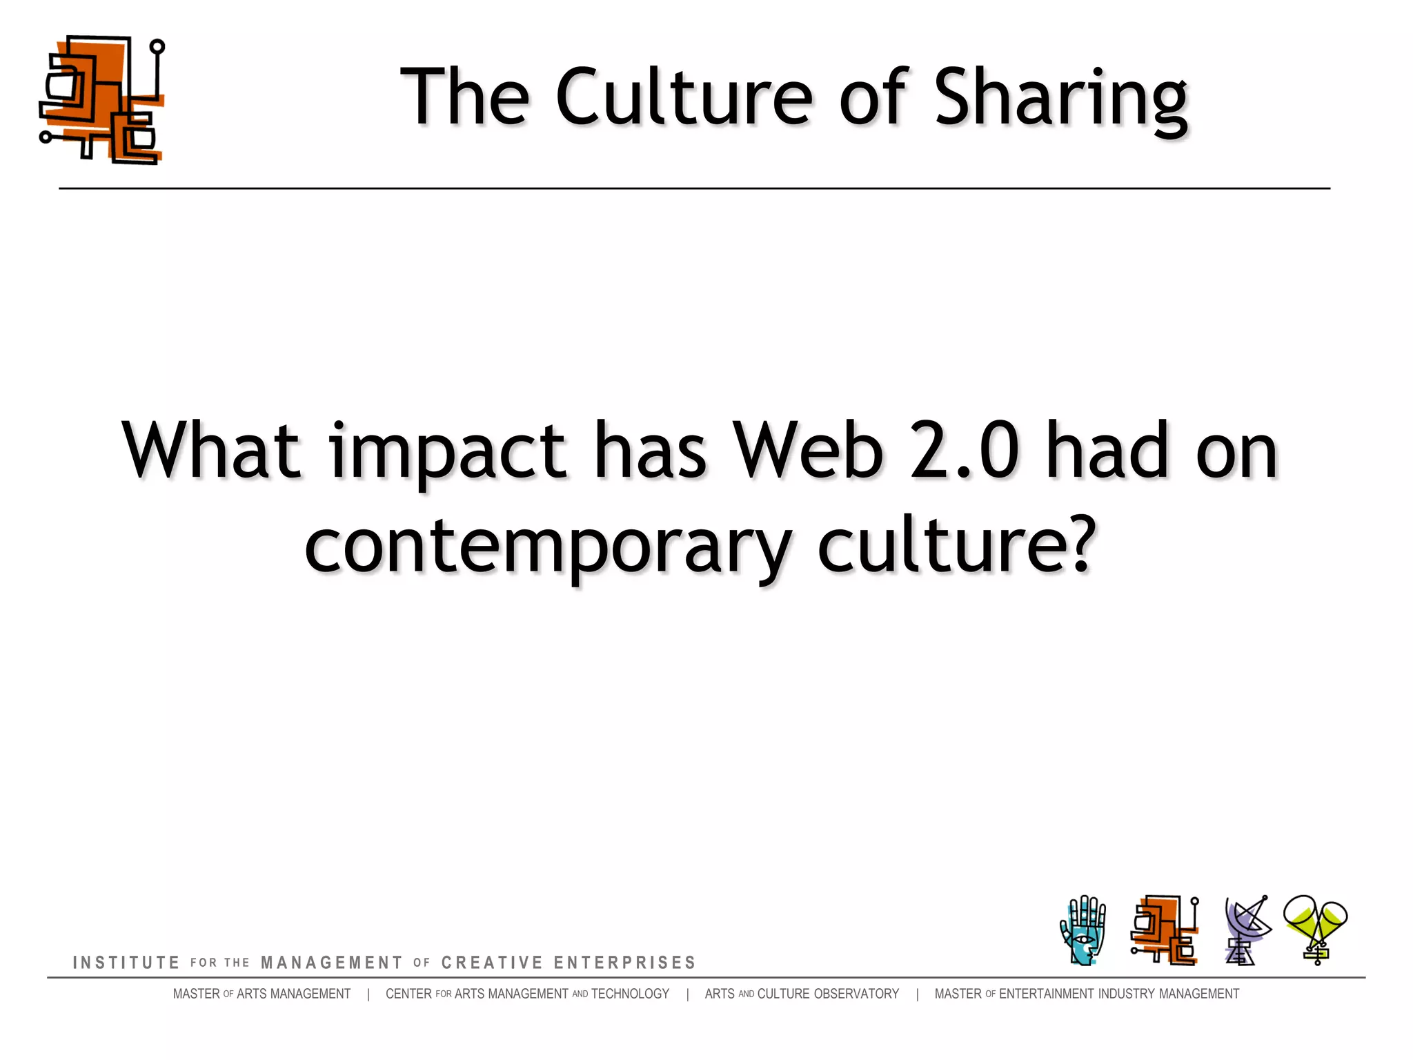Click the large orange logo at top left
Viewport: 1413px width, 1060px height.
[x=102, y=100]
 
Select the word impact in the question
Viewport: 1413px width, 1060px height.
[x=448, y=452]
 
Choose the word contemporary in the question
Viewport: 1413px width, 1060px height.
[x=548, y=547]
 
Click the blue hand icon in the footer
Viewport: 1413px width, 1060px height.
[x=1083, y=930]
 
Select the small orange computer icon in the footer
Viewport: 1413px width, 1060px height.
[x=1165, y=930]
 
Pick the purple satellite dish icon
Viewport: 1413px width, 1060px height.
[x=1246, y=930]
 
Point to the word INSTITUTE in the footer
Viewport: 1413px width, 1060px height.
[x=126, y=963]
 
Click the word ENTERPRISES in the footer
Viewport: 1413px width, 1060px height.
[x=624, y=963]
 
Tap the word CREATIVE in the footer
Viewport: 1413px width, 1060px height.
[x=492, y=963]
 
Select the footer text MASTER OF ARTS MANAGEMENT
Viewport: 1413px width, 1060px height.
[x=261, y=994]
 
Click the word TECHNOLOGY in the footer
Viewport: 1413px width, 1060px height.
[x=630, y=994]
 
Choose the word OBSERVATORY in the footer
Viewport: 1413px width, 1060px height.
[x=856, y=994]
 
